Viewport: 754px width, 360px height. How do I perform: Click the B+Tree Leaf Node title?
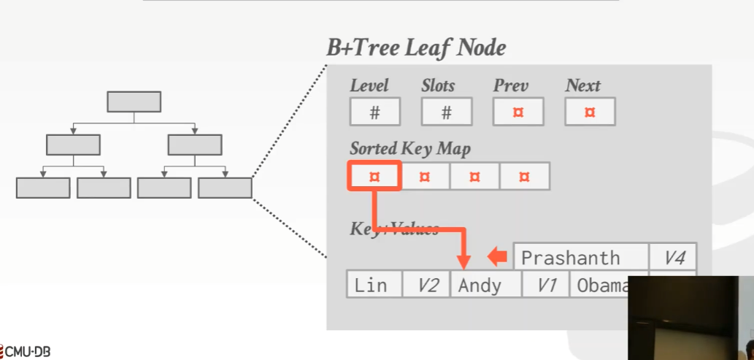416,48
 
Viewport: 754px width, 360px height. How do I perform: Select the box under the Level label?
374,112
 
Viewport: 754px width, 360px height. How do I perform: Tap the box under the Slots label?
446,112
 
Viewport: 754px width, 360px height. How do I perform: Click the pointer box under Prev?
518,112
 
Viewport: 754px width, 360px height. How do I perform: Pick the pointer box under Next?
590,112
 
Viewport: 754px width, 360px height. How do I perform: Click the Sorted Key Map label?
410,148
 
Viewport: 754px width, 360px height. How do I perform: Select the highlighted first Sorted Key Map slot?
374,177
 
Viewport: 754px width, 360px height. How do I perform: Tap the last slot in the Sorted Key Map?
524,177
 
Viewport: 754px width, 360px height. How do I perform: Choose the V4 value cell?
673,258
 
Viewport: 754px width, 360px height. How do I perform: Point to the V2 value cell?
427,285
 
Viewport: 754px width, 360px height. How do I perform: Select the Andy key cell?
486,285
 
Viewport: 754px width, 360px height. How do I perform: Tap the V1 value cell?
546,285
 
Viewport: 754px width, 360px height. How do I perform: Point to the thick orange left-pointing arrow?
498,256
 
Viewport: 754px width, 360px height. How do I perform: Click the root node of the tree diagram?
134,102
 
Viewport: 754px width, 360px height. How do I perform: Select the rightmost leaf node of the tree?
225,188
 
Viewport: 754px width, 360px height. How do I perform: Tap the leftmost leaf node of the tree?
43,188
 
